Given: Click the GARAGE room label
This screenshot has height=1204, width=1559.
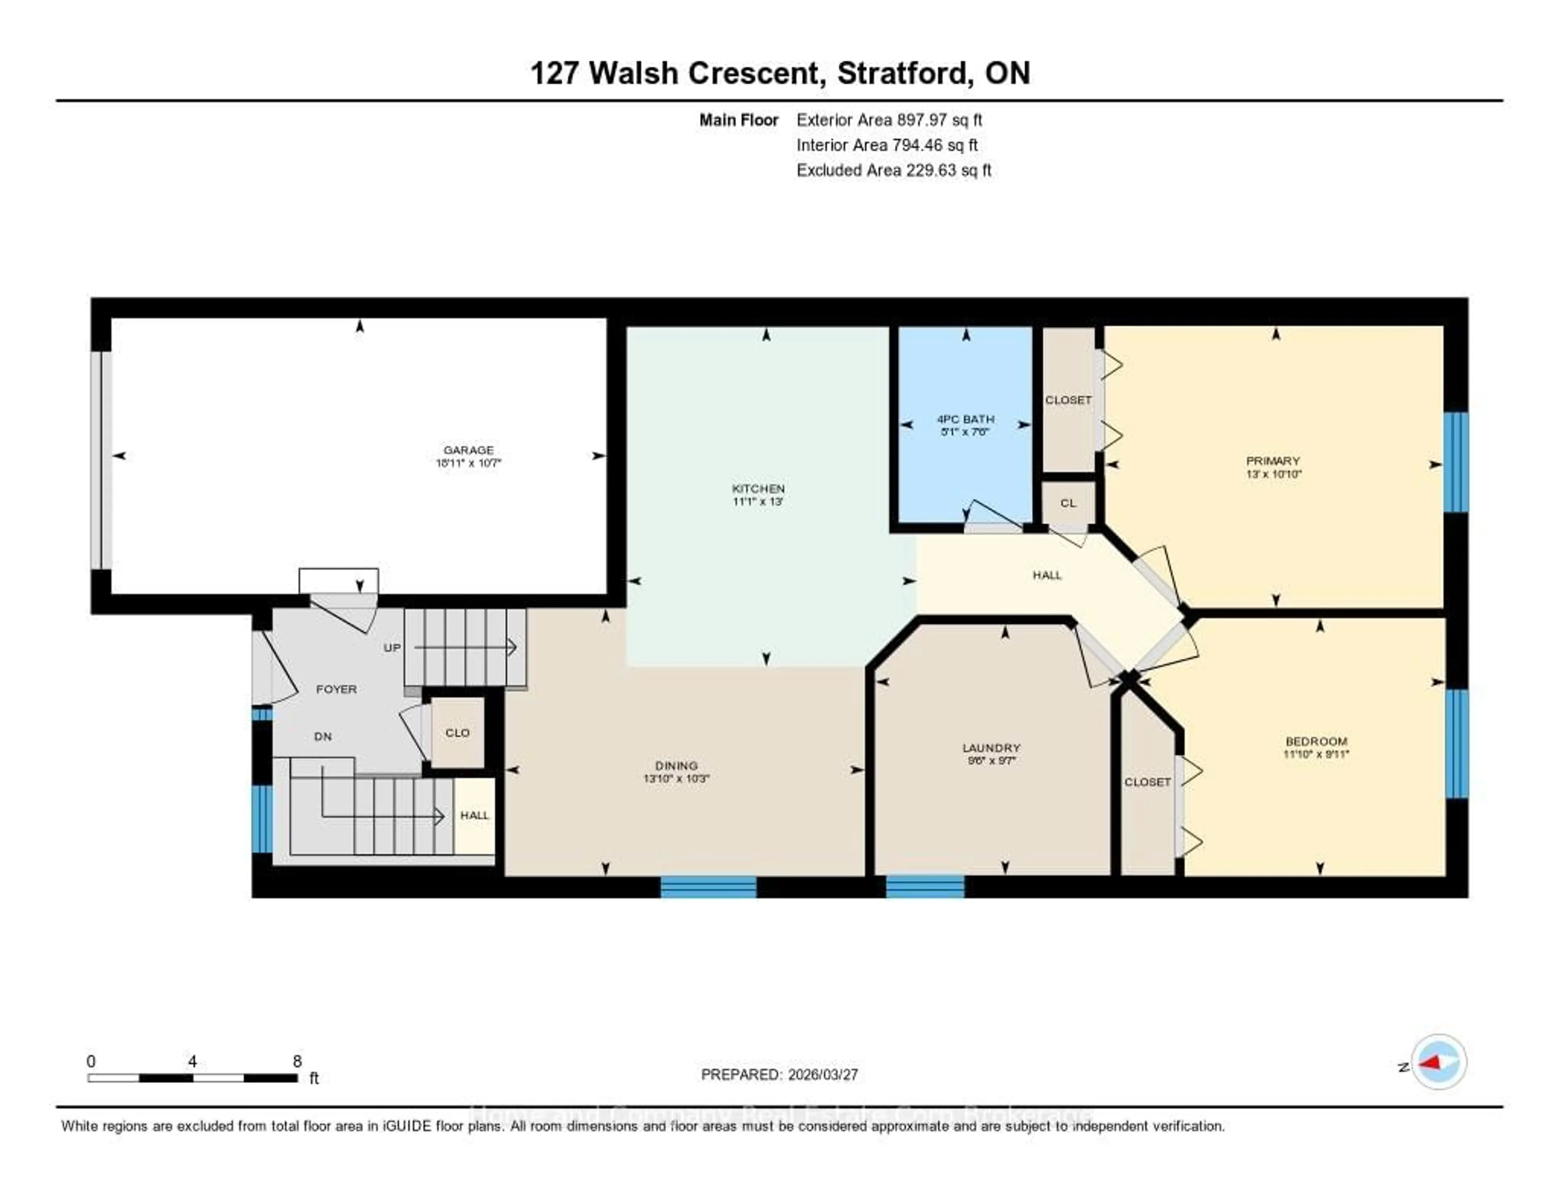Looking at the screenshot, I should [x=468, y=450].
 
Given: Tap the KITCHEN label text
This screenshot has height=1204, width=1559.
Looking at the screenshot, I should [x=758, y=489].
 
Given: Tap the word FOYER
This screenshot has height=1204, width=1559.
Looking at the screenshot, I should [x=336, y=689].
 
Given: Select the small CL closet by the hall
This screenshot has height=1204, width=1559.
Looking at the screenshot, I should [x=1068, y=503].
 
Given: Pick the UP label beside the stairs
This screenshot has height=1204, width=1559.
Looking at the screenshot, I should [x=392, y=647].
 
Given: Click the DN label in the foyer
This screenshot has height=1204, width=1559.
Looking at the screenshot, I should [x=323, y=736].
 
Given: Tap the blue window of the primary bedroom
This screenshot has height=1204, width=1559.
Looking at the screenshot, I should [x=1455, y=462].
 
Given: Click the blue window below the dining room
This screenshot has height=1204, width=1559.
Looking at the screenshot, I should [x=708, y=887].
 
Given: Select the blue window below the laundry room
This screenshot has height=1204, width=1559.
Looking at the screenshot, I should [x=925, y=887].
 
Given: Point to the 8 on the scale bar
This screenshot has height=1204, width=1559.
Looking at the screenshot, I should [x=297, y=1061].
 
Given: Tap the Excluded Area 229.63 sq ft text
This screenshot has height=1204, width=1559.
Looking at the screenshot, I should [x=894, y=170].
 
